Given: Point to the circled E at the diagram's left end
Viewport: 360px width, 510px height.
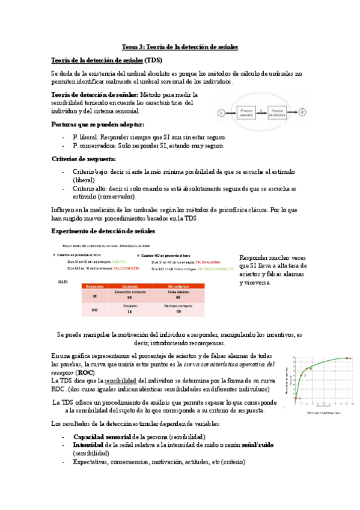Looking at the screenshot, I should (x=221, y=112).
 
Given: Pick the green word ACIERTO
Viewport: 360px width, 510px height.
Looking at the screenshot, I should (x=119, y=262).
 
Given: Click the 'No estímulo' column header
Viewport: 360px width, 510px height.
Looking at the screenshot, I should (x=178, y=287).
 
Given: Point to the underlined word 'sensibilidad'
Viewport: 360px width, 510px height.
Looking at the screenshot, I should (x=121, y=381).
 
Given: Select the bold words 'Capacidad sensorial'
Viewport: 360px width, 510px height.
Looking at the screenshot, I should (x=102, y=419).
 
